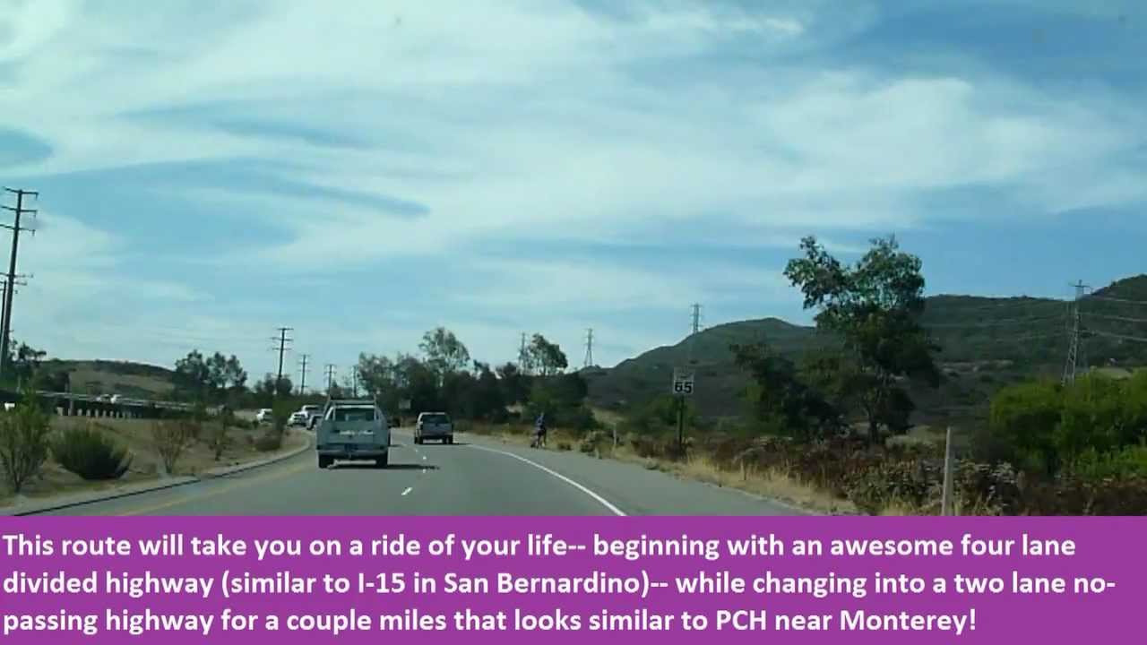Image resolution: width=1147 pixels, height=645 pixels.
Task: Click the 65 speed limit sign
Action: pos(683,382)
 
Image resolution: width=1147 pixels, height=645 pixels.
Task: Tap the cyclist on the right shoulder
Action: pos(539,430)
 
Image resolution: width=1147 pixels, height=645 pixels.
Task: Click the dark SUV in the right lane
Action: pos(434,427)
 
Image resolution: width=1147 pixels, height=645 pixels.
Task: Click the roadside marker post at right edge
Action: pos(947,470)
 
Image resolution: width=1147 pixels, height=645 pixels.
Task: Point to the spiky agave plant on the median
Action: pos(91,454)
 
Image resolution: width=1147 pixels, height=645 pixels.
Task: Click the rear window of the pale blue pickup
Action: pos(354,415)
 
